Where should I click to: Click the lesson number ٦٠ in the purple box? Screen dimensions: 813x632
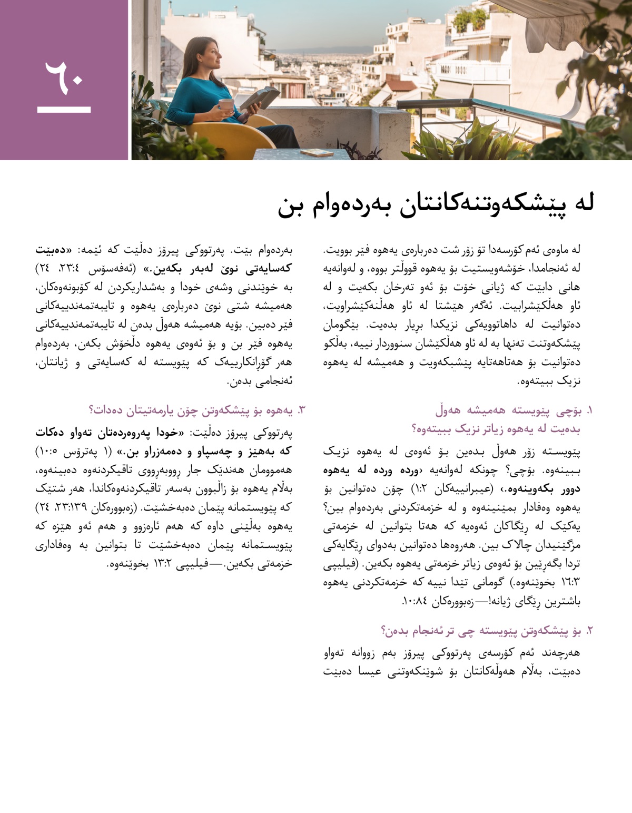64,79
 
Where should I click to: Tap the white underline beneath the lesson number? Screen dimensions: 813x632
64,110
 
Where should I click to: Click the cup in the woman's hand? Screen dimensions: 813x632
226,104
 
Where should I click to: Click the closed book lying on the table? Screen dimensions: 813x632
317,153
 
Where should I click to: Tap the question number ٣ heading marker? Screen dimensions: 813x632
301,410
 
